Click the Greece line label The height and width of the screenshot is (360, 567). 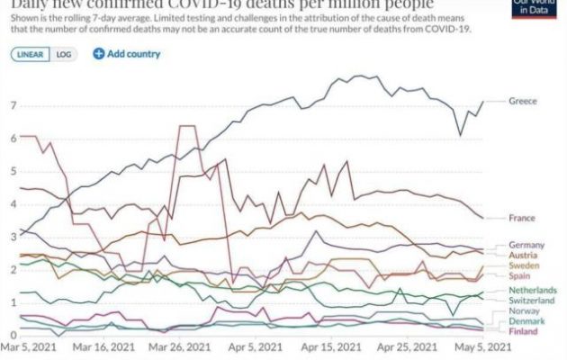tap(522, 101)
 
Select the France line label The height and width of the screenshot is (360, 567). tap(522, 218)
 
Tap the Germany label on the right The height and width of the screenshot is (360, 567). tap(526, 245)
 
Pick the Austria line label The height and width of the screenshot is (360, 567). tap(523, 256)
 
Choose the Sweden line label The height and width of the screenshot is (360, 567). tap(524, 267)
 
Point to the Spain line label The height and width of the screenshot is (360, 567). tap(521, 278)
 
